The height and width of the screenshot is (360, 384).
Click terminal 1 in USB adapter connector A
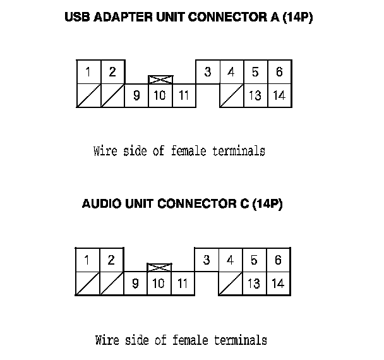point(88,72)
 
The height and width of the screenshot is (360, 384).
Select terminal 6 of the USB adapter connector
point(279,72)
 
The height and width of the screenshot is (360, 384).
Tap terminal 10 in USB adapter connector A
point(160,96)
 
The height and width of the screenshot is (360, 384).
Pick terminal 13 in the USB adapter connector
point(255,96)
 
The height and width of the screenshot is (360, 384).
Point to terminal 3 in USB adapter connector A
point(208,72)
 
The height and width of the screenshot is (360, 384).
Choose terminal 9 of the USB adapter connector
point(136,96)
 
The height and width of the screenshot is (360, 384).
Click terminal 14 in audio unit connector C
point(278,284)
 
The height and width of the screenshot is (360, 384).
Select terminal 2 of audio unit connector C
point(111,260)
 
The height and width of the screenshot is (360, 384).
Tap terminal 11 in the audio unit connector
point(183,284)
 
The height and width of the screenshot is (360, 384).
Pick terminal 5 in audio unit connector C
point(254,260)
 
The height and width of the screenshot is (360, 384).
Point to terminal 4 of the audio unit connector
point(231,260)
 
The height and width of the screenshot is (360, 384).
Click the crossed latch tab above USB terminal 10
point(160,80)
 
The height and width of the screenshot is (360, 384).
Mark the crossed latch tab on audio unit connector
point(159,268)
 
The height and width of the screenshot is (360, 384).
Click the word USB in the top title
point(78,18)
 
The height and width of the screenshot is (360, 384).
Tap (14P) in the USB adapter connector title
point(297,18)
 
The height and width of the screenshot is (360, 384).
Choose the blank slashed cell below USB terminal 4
point(231,96)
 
